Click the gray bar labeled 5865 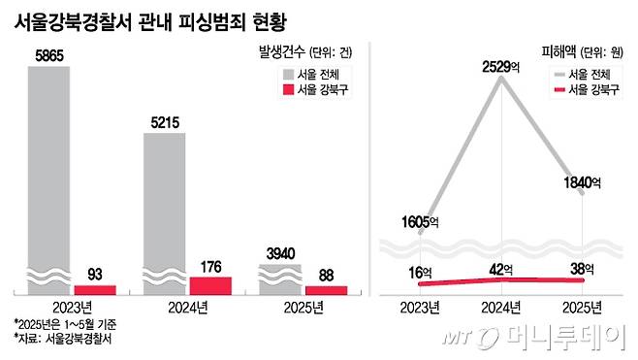point(48,175)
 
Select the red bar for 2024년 point(210,285)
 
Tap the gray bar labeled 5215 point(164,209)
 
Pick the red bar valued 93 point(94,289)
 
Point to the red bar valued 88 point(326,289)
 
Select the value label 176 point(210,266)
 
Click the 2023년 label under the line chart point(419,308)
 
